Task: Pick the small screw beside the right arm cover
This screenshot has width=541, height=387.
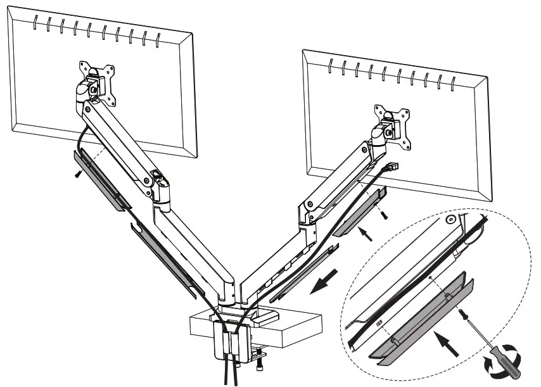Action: [383, 215]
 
